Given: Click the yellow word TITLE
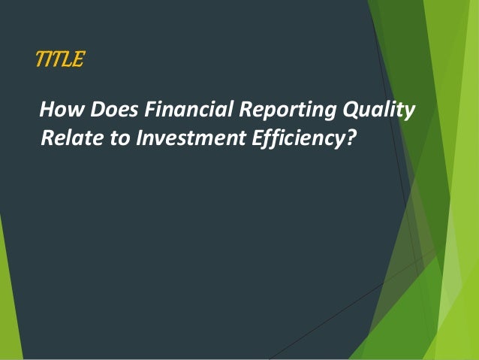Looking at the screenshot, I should tap(60, 59).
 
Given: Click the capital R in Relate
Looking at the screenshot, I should tap(47, 138).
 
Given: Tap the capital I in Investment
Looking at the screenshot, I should tap(137, 138).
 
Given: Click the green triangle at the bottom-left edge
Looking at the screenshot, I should tap(8, 301).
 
